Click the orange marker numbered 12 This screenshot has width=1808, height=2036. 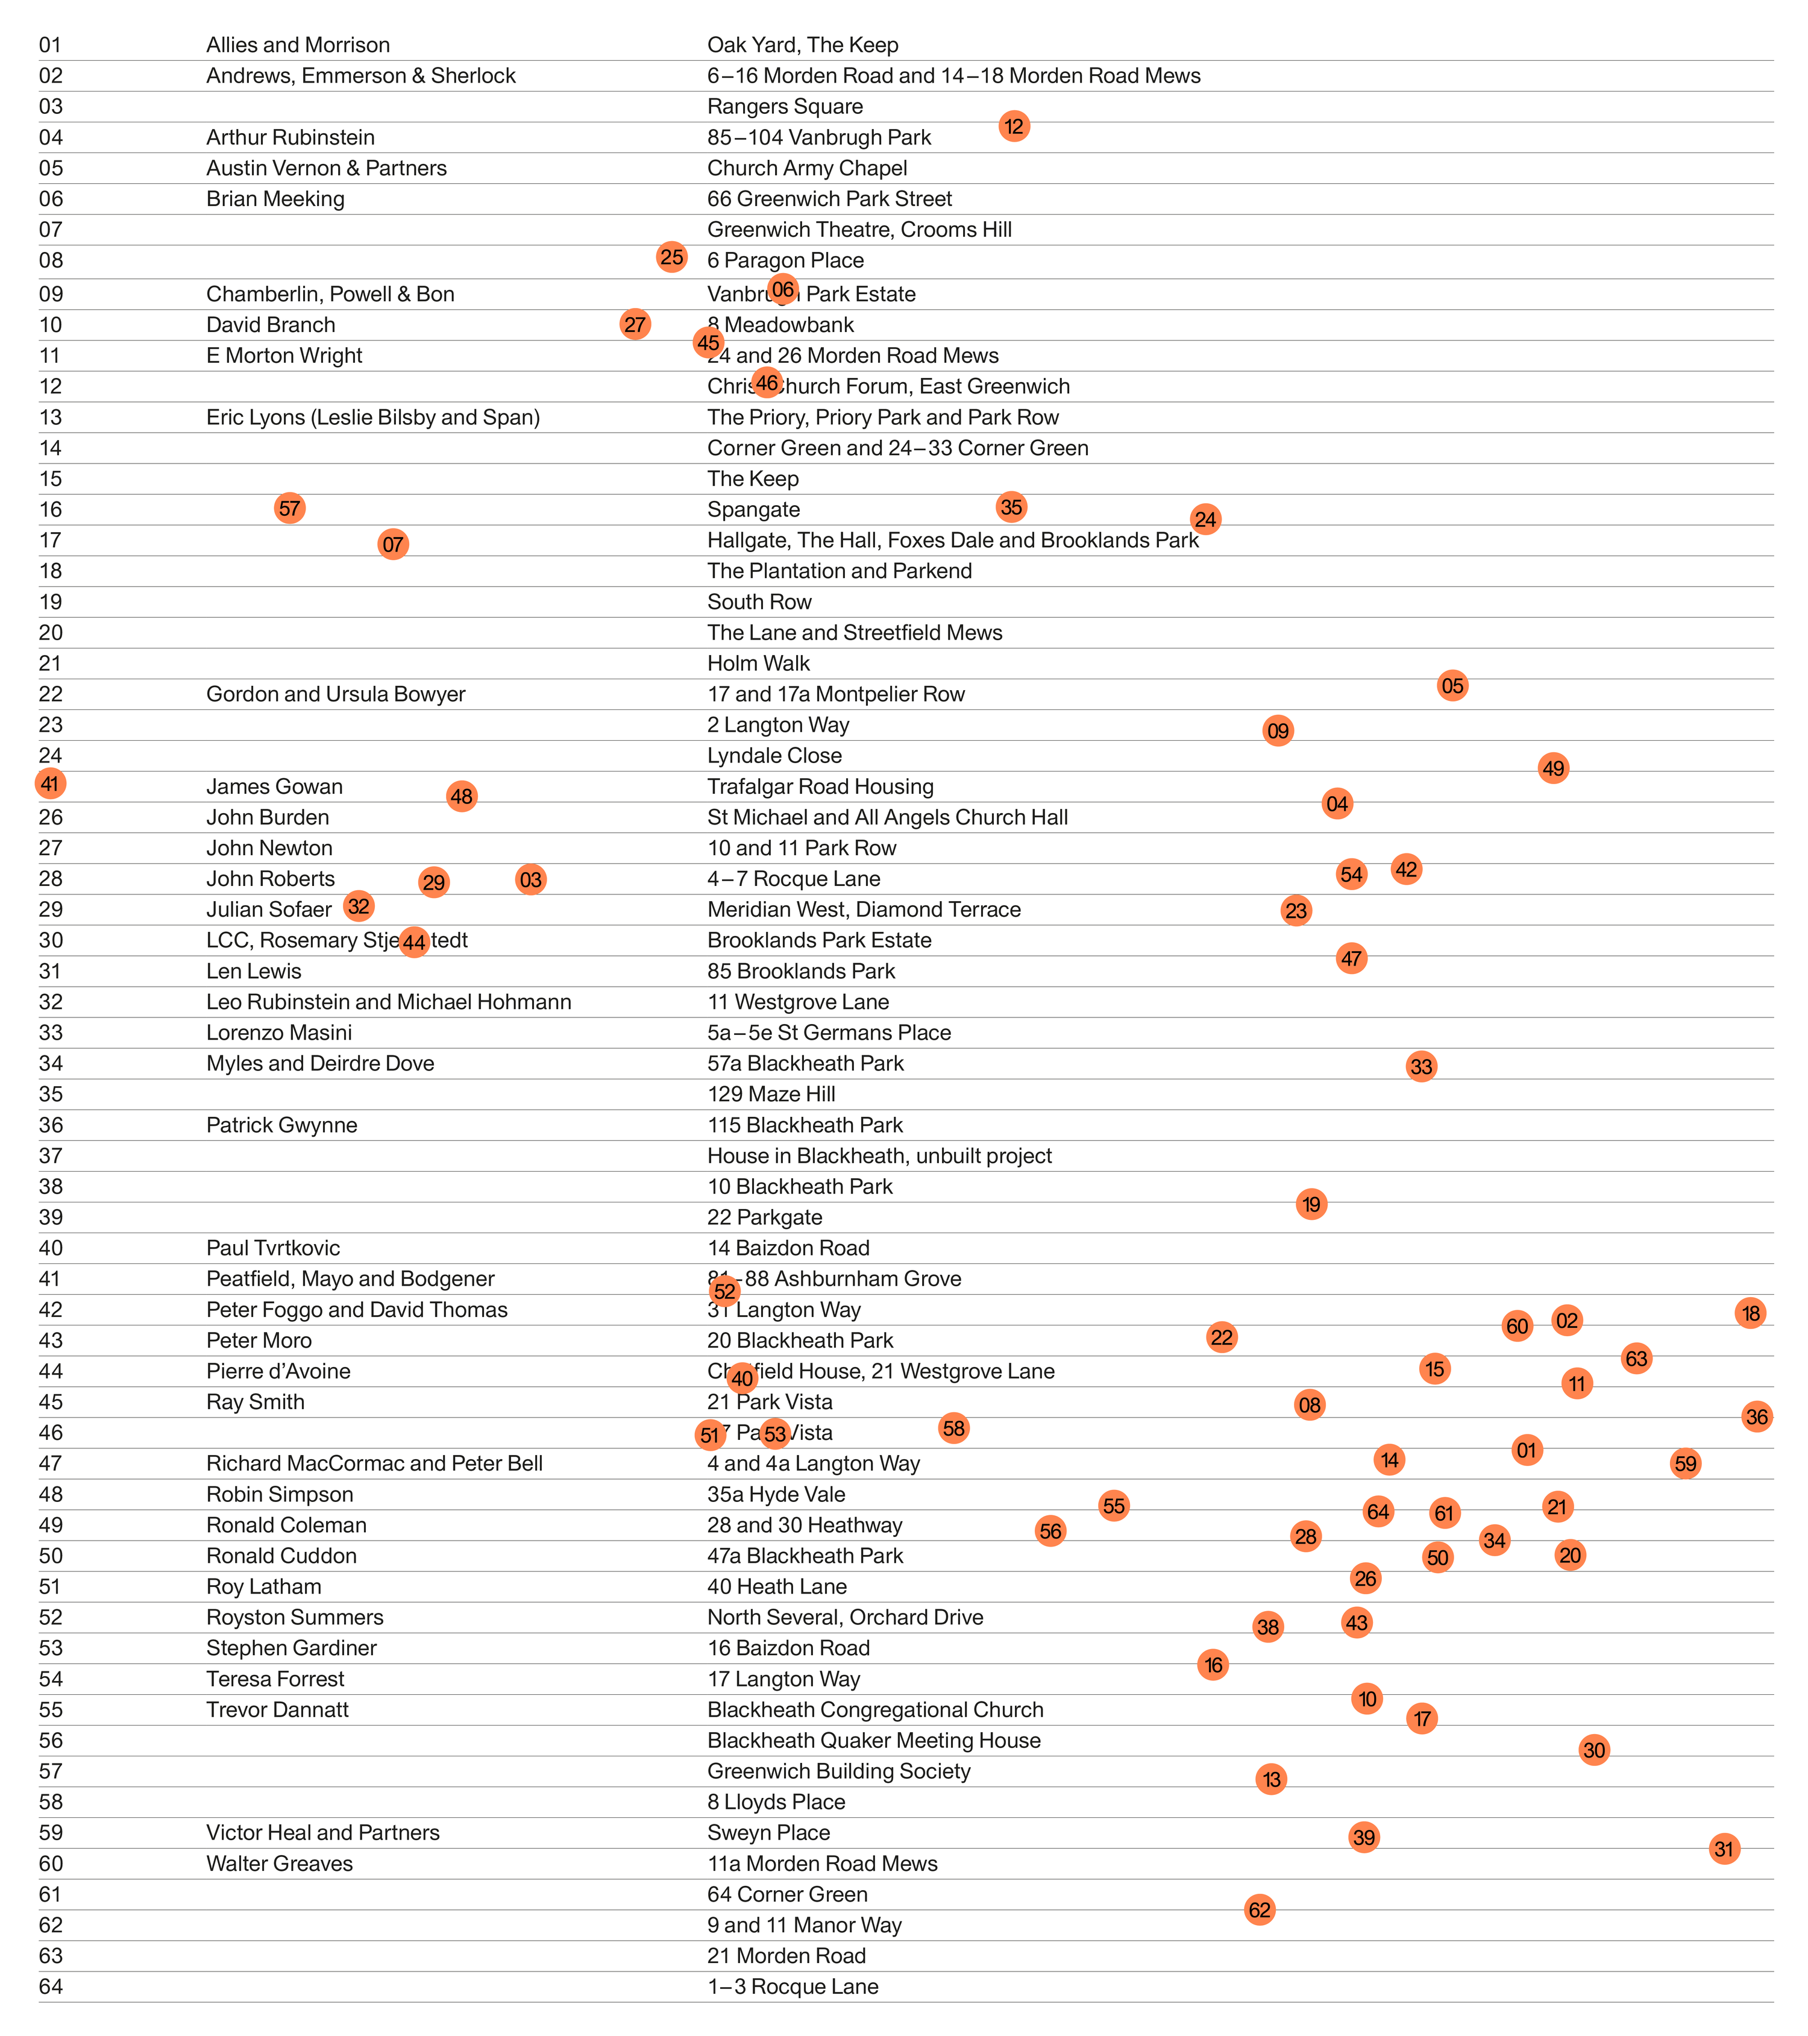pos(1013,127)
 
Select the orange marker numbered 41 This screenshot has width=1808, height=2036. pos(50,784)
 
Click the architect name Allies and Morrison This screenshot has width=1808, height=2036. pos(298,45)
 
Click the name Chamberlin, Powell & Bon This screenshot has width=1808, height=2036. pos(330,294)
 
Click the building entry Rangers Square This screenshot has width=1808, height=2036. pos(785,107)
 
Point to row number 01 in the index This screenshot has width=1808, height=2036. pos(50,45)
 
